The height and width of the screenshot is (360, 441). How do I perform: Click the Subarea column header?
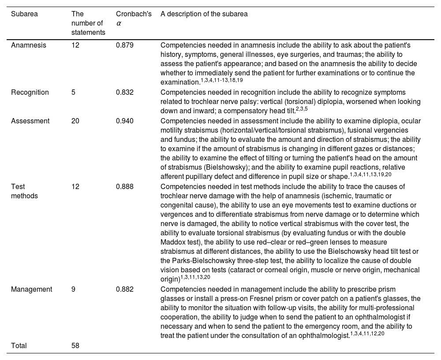(24, 14)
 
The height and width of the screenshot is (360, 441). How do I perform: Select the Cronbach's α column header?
(134, 18)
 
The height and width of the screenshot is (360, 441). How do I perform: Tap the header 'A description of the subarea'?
(204, 14)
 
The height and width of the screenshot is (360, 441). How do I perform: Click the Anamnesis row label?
(29, 45)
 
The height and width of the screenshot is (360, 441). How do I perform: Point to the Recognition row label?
(30, 93)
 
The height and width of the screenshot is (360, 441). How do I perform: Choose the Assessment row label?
(30, 121)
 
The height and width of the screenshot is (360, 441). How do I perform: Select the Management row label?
(31, 289)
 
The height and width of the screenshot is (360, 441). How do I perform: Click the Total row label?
(19, 346)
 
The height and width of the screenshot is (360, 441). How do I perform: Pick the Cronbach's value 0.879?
(125, 45)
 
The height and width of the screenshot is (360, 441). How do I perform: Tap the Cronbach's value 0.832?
(125, 93)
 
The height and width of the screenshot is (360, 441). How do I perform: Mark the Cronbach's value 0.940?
(125, 121)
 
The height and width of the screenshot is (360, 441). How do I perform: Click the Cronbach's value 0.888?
(125, 186)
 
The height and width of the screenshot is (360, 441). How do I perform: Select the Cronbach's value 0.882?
(125, 289)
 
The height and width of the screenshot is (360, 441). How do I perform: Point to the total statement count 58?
(75, 346)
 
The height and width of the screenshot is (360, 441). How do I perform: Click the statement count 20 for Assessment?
(75, 121)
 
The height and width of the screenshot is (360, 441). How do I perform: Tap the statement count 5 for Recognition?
(74, 93)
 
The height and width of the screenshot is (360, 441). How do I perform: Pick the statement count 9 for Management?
(74, 289)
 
